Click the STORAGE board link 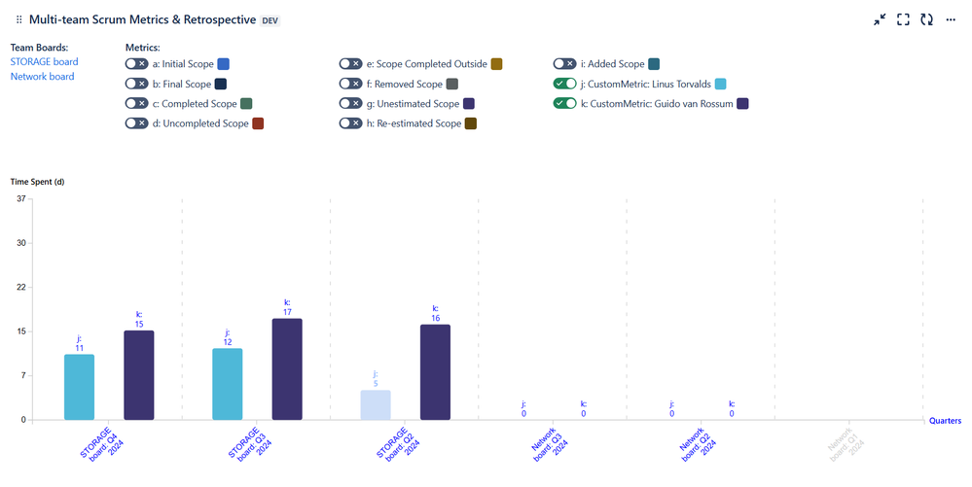pyautogui.click(x=44, y=62)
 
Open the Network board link pyautogui.click(x=42, y=77)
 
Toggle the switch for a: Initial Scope pyautogui.click(x=136, y=64)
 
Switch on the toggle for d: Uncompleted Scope pyautogui.click(x=136, y=123)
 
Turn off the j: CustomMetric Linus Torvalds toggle pyautogui.click(x=564, y=84)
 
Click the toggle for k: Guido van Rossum pyautogui.click(x=564, y=104)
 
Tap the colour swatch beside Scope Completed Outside pyautogui.click(x=496, y=64)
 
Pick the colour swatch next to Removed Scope pyautogui.click(x=451, y=85)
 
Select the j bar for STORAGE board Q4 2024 pyautogui.click(x=79, y=387)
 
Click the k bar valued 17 pyautogui.click(x=287, y=369)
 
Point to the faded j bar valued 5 pyautogui.click(x=376, y=404)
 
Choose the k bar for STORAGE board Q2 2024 pyautogui.click(x=435, y=372)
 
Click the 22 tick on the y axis pyautogui.click(x=21, y=288)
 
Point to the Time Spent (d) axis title pyautogui.click(x=38, y=182)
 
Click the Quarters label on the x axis pyautogui.click(x=945, y=421)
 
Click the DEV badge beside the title pyautogui.click(x=272, y=20)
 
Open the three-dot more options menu pyautogui.click(x=951, y=19)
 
